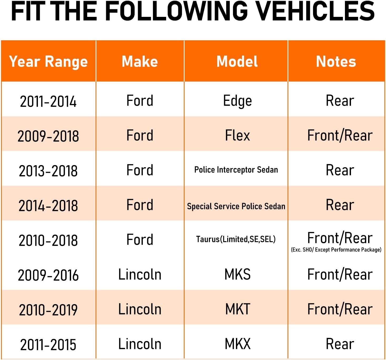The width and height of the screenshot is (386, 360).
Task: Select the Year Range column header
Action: (x=48, y=62)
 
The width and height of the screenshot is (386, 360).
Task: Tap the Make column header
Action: (x=140, y=62)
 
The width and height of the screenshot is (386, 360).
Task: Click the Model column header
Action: (x=237, y=62)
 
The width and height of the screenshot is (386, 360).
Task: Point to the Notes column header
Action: (x=336, y=62)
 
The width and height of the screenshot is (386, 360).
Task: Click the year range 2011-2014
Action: (x=48, y=102)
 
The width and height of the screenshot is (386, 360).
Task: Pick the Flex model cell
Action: (x=237, y=136)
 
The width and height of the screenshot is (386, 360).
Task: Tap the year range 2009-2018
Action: (x=48, y=136)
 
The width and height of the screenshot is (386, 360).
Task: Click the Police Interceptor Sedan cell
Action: (x=236, y=170)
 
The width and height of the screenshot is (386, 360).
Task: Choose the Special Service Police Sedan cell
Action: (x=236, y=206)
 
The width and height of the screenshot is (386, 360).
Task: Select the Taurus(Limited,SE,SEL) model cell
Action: (x=236, y=239)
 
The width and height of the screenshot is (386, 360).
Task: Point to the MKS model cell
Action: (x=237, y=274)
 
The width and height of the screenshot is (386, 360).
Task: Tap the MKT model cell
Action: (x=237, y=309)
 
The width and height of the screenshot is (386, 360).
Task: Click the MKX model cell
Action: (x=237, y=344)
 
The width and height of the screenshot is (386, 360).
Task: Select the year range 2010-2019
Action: (x=48, y=310)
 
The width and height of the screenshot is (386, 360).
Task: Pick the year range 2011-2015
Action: (x=48, y=345)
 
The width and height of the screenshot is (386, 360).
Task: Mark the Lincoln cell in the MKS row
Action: (x=140, y=274)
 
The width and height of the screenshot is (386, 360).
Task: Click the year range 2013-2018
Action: (x=48, y=171)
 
